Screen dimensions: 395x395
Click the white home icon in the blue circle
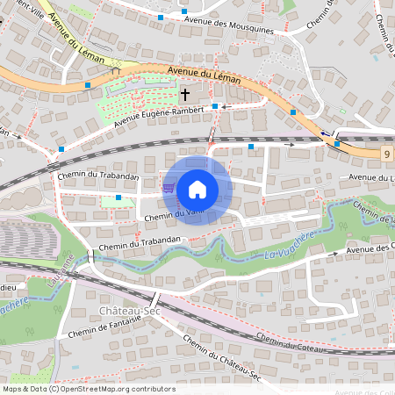(197, 190)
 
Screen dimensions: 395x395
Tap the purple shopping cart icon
(169, 187)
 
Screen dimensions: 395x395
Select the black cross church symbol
(185, 93)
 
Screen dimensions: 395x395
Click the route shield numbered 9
(386, 154)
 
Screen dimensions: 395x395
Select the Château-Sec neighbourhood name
(126, 312)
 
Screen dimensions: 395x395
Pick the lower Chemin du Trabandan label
(140, 239)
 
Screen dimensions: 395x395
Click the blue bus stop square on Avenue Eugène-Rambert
(215, 106)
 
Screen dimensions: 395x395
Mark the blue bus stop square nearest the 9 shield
(337, 144)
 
